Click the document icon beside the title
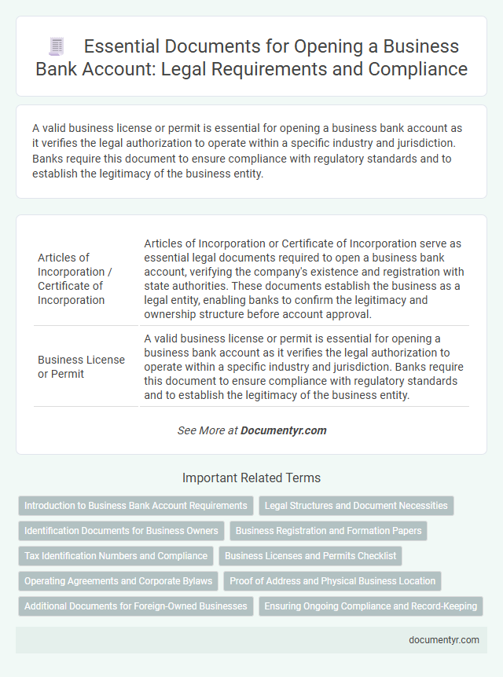[x=56, y=46]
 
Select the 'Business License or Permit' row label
[x=82, y=367]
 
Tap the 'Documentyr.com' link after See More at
[x=284, y=430]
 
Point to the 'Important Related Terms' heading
[x=251, y=478]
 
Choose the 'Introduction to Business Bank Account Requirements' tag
[x=136, y=506]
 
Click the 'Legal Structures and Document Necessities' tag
[x=356, y=506]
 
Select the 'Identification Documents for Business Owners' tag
[x=121, y=531]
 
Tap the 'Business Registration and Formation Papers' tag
[x=329, y=531]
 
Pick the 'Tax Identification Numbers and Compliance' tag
[x=116, y=556]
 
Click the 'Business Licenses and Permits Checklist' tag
[x=310, y=556]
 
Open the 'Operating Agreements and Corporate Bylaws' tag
[x=118, y=581]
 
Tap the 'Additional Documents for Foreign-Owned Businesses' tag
[x=134, y=606]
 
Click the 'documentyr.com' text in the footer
[x=444, y=639]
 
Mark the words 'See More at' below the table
[x=207, y=430]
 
